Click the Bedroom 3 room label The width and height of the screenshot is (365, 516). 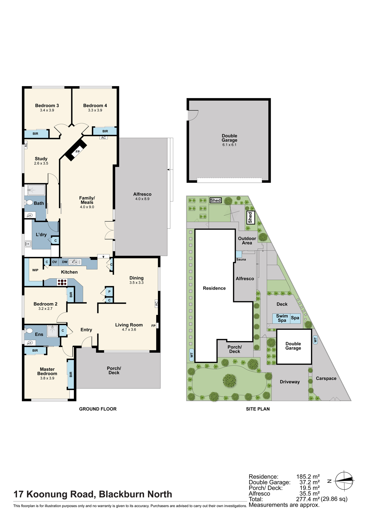coord(47,106)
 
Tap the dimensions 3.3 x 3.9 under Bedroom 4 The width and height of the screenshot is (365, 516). coord(95,110)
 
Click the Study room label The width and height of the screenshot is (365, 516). coord(41,159)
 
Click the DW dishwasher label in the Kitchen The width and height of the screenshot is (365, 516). coord(65,262)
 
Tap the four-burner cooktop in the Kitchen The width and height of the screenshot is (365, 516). coord(62,282)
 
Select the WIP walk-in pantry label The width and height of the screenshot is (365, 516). coord(35,270)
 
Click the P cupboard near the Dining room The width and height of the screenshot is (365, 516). coord(109,292)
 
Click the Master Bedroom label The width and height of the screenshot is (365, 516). coord(47,371)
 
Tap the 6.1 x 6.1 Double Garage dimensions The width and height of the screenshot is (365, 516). coord(229,145)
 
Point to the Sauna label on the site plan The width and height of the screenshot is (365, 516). coord(241,259)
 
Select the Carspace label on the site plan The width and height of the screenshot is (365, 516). coord(326,378)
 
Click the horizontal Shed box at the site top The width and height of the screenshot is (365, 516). coord(216,200)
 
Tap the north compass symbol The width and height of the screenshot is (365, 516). coord(344,481)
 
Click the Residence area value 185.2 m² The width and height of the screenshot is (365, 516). coord(308,477)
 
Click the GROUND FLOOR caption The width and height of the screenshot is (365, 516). coord(98,409)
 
